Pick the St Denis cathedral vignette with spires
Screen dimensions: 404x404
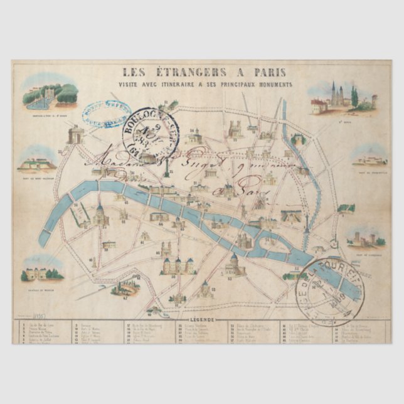pyautogui.click(x=342, y=99)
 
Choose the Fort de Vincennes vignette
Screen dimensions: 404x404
pyautogui.click(x=368, y=239)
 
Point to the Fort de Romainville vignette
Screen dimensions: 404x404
pyautogui.click(x=369, y=159)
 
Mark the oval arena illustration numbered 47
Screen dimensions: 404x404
pyautogui.click(x=125, y=287)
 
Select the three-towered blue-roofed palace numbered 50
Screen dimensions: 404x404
pyautogui.click(x=179, y=265)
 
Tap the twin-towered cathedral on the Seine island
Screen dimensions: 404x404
pyautogui.click(x=244, y=240)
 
